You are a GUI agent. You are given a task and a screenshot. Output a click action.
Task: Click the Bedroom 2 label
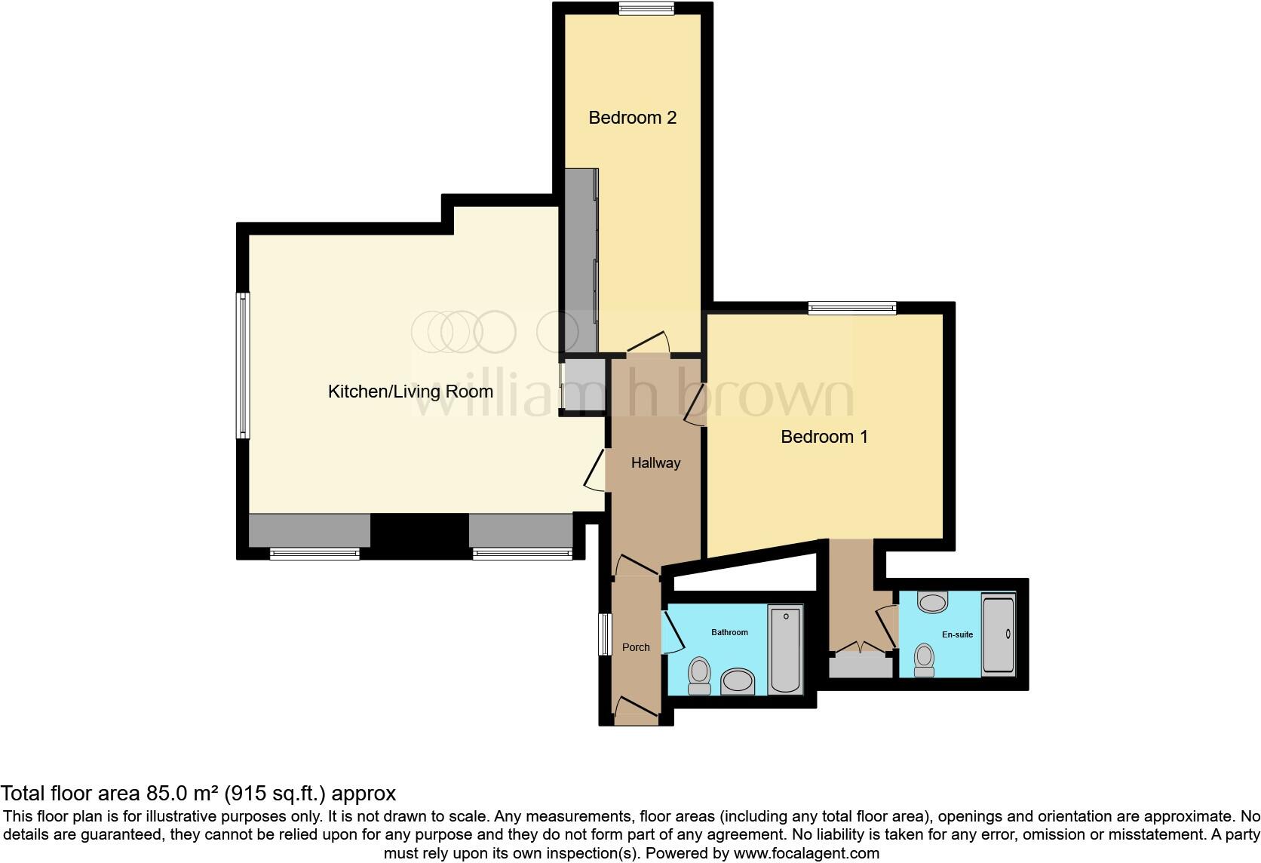(632, 118)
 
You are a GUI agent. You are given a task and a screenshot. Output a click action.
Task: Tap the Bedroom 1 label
(824, 437)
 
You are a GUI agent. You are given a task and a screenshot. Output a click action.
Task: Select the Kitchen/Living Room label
(410, 392)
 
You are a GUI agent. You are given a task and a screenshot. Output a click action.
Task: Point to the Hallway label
(655, 463)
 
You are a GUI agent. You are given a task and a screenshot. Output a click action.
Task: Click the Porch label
(636, 647)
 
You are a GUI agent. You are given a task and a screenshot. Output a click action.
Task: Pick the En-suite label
(957, 634)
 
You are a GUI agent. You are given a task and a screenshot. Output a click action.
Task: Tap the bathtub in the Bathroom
(785, 650)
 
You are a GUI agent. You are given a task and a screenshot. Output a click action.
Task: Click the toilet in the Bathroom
(699, 675)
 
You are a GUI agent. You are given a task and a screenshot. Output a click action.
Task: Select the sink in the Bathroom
(738, 681)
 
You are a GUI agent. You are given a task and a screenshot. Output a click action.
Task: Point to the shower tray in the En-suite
(999, 634)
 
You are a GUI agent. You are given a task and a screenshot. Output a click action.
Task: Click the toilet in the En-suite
(924, 659)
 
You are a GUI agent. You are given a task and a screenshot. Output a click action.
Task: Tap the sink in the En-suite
(933, 602)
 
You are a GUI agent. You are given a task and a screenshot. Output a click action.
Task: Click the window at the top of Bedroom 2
(646, 8)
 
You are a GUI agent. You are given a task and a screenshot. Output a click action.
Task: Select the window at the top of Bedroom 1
(851, 307)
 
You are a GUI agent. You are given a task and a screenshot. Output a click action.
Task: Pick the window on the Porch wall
(604, 634)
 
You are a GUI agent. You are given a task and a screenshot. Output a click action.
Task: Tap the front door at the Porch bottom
(636, 708)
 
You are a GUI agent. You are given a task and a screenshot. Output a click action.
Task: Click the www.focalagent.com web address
(806, 854)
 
